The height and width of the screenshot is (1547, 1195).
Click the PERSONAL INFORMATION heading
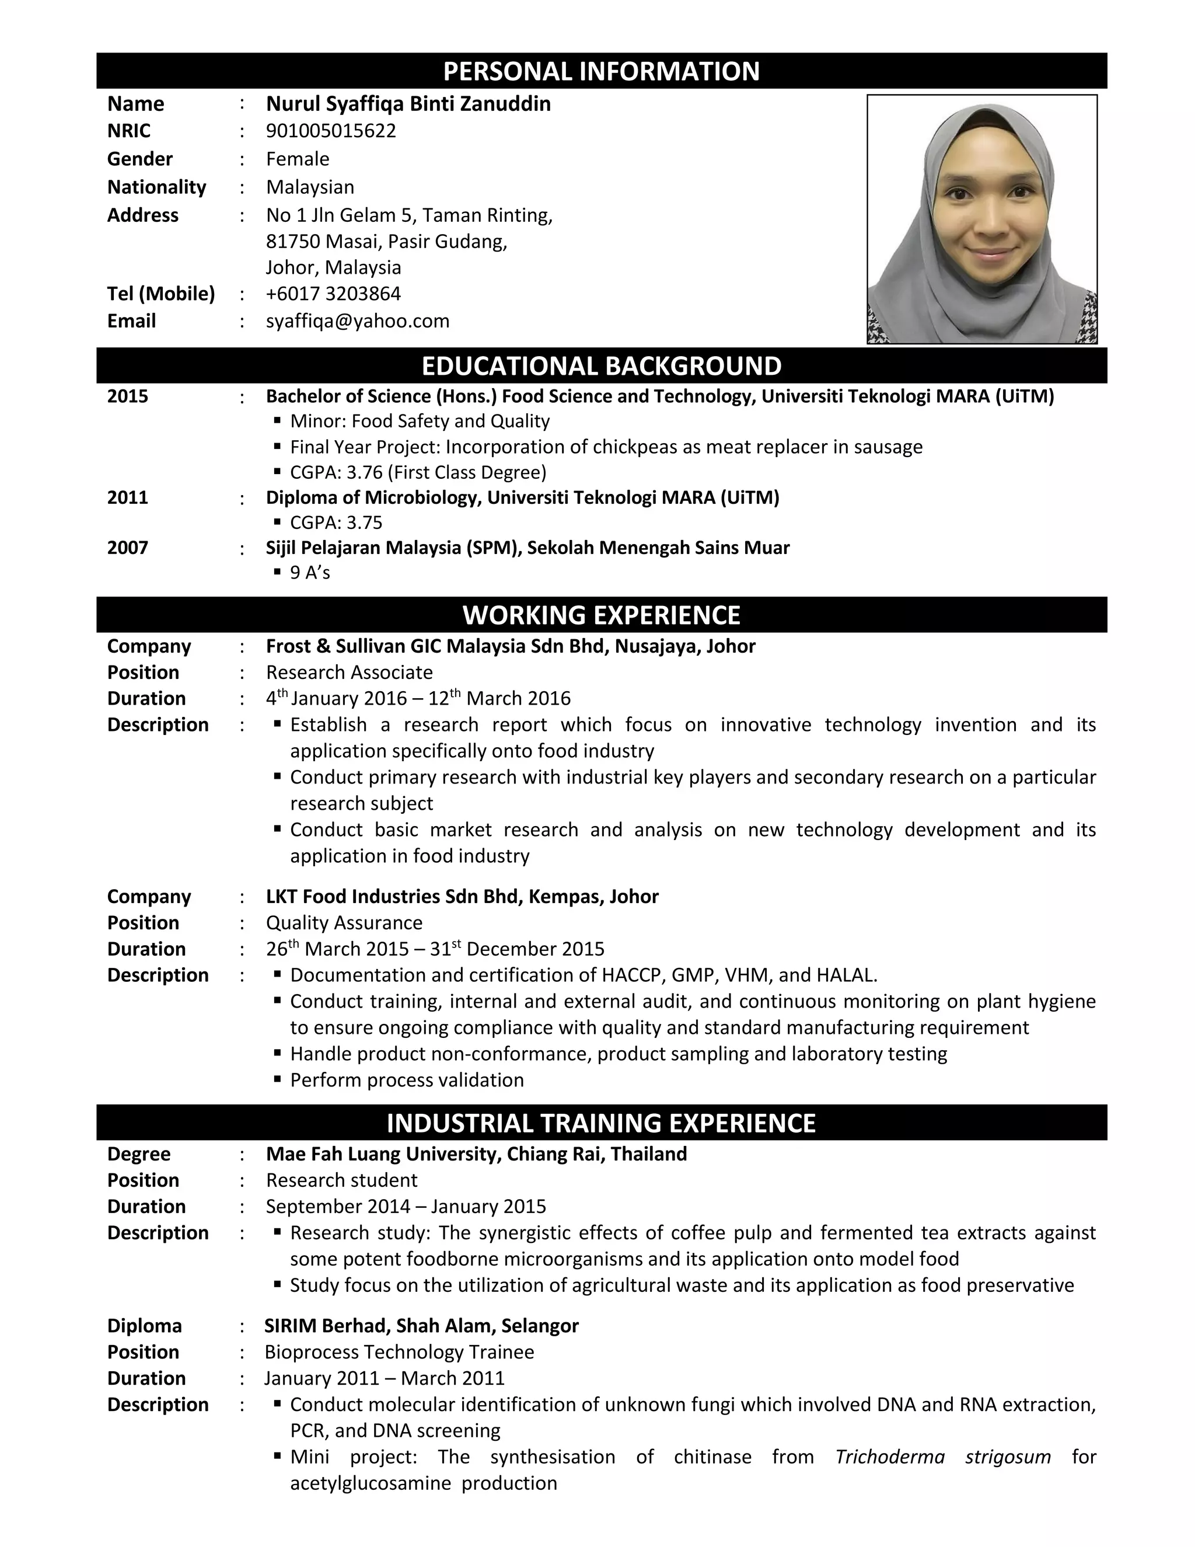coord(601,71)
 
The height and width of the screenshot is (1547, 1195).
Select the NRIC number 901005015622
coord(331,131)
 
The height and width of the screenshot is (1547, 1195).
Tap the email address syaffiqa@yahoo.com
coord(358,321)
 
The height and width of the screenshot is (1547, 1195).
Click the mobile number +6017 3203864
coord(333,293)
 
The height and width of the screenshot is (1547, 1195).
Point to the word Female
coord(298,159)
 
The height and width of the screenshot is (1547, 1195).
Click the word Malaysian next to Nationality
coord(310,187)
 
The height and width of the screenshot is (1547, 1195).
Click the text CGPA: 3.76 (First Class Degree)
coord(418,472)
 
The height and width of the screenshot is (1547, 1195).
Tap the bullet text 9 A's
coord(309,572)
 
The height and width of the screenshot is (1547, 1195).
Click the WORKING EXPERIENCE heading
coord(601,615)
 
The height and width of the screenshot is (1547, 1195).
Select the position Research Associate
coord(349,672)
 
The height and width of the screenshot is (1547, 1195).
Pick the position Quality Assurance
coord(344,922)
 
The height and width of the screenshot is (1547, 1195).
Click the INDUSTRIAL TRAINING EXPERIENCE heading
coord(601,1123)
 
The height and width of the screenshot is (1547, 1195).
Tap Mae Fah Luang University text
coord(382,1154)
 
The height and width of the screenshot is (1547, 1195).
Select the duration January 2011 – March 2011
coord(385,1378)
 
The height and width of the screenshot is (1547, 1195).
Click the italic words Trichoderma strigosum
coord(942,1457)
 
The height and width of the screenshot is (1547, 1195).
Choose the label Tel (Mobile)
coord(160,293)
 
